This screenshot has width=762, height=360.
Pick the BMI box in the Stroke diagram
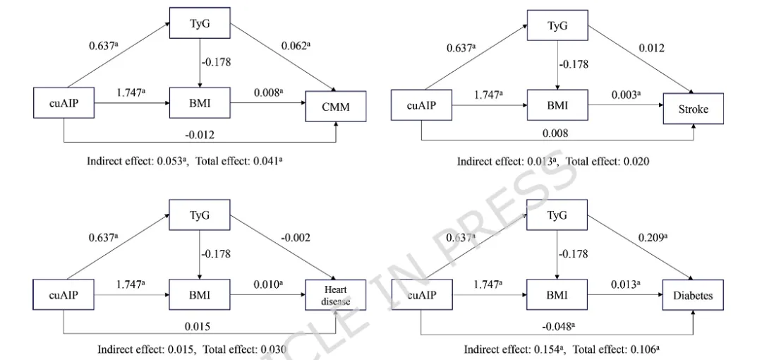click(557, 106)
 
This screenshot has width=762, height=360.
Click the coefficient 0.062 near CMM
click(295, 46)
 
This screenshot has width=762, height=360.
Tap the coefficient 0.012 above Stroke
click(651, 48)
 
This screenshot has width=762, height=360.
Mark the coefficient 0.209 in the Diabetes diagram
click(651, 238)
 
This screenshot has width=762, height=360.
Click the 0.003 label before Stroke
click(625, 93)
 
